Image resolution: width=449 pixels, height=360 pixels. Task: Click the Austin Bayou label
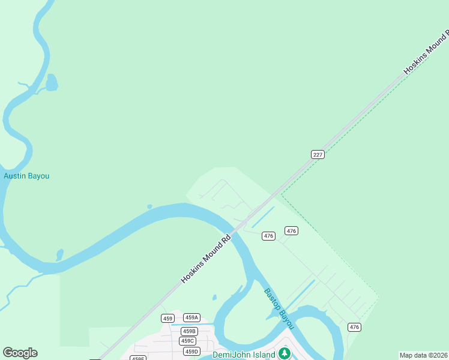(x=26, y=176)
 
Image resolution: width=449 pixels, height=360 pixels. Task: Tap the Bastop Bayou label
(x=279, y=308)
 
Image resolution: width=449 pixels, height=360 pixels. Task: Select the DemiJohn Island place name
(x=244, y=354)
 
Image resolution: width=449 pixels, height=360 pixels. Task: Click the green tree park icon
(x=285, y=353)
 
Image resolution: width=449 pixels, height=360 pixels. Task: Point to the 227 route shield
(x=318, y=154)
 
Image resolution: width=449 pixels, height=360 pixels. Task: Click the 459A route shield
(x=191, y=317)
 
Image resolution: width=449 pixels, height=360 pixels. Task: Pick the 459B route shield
(x=190, y=331)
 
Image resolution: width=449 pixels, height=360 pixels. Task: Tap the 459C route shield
(x=187, y=341)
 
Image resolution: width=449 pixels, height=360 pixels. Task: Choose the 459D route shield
(x=191, y=351)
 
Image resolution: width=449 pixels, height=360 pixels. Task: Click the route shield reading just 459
(x=167, y=318)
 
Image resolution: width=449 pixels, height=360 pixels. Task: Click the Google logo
(x=20, y=353)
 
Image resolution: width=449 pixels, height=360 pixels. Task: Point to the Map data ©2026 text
(x=423, y=355)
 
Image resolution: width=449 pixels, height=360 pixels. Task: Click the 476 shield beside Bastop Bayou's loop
(x=354, y=327)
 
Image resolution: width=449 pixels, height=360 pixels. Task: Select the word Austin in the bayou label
(x=15, y=176)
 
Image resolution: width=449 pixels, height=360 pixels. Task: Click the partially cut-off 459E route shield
(x=138, y=358)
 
